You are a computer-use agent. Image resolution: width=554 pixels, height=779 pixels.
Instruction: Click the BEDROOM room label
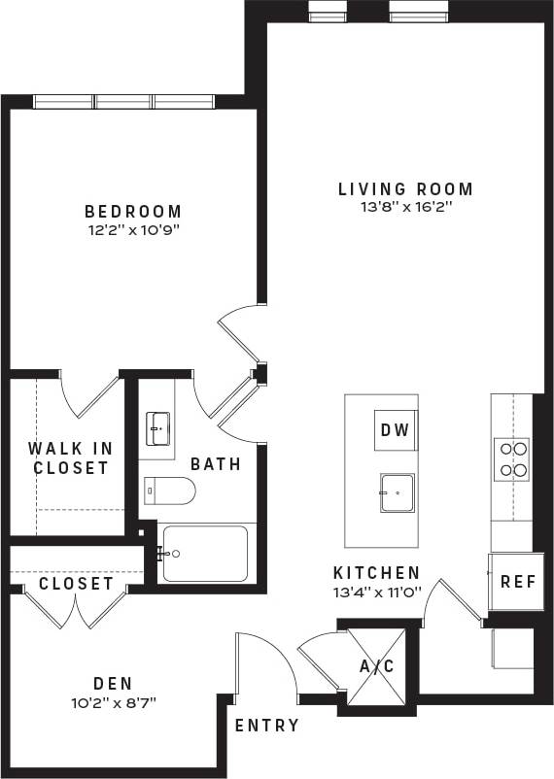[x=133, y=211]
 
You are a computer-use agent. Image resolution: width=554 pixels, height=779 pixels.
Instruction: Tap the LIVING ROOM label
[x=405, y=188]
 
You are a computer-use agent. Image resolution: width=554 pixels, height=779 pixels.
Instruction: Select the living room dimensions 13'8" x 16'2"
[x=405, y=207]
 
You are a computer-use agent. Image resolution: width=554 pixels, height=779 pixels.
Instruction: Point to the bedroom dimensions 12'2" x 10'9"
[x=133, y=230]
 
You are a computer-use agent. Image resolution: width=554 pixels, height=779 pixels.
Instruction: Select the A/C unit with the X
[x=377, y=665]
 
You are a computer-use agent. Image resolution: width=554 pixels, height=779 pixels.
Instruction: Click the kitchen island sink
[x=397, y=492]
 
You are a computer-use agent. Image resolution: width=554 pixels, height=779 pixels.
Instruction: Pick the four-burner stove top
[x=512, y=459]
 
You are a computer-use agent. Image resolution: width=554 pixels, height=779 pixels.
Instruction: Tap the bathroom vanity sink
[x=157, y=426]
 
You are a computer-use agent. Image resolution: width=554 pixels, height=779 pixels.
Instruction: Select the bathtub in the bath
[x=204, y=554]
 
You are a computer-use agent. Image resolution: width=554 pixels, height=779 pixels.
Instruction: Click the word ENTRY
[x=267, y=726]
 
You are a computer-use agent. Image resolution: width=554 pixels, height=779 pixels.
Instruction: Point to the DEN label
[x=113, y=683]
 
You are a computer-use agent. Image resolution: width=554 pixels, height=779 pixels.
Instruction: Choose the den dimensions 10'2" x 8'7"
[x=113, y=701]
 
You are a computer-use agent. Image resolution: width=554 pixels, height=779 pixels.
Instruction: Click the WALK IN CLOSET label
[x=70, y=457]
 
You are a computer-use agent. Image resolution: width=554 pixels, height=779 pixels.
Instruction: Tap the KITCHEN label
[x=377, y=573]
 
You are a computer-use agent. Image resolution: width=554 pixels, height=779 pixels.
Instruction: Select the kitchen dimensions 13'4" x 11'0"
[x=377, y=592]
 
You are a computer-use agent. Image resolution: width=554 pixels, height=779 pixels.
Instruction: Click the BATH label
[x=215, y=464]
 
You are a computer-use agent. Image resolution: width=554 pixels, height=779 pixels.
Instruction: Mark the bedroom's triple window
[x=123, y=102]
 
